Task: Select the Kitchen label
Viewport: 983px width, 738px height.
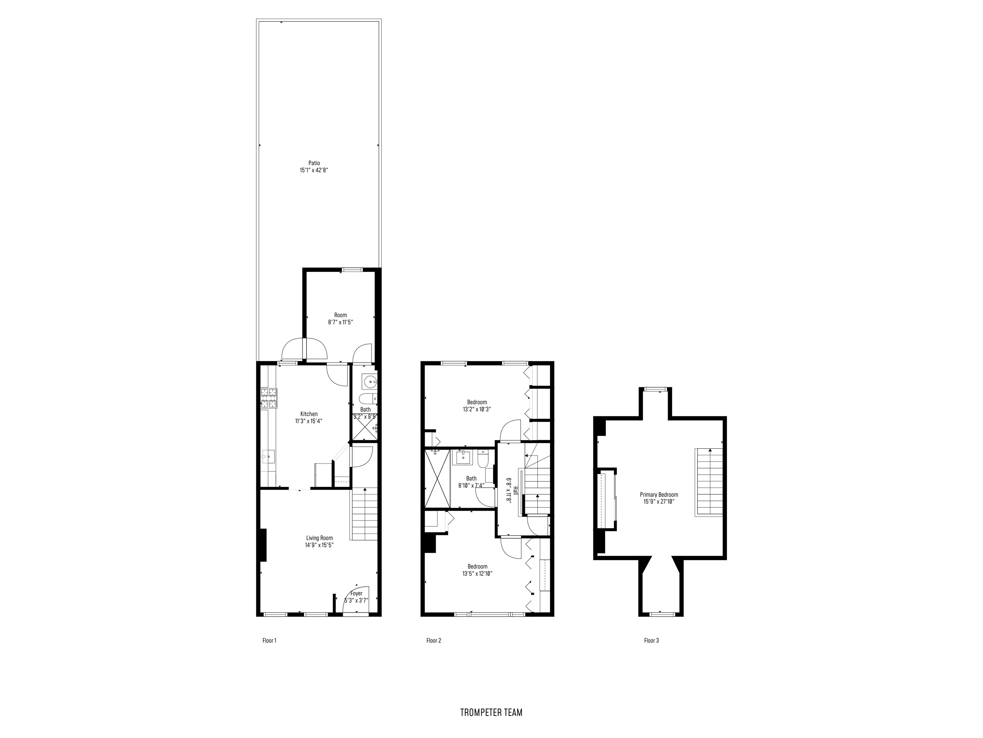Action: pos(309,414)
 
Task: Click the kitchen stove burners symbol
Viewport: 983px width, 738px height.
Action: pos(268,398)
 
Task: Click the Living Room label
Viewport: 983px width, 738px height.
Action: pos(319,538)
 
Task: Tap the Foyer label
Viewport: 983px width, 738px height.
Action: pos(356,594)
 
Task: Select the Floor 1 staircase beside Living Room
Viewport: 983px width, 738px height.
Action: pos(364,514)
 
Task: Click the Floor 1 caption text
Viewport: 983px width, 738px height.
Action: pos(269,641)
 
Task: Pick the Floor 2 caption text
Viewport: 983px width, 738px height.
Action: pos(433,641)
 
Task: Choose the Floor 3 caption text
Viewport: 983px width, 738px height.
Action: pos(651,641)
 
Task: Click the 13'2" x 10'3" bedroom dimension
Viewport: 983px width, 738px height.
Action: pos(477,409)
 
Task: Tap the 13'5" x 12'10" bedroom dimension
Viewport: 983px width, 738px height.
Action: pos(477,573)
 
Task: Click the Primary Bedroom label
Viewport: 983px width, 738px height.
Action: pos(659,495)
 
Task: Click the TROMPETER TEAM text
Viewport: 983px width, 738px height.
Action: pos(491,712)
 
